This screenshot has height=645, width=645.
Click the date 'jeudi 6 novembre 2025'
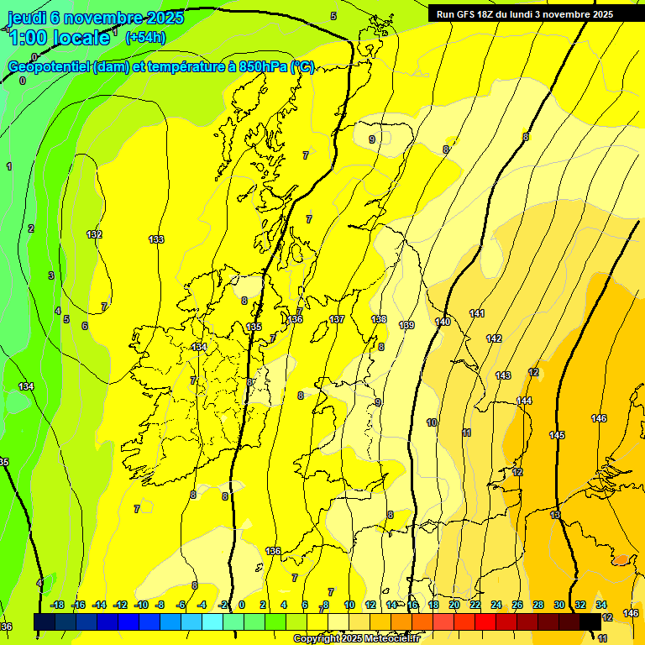tap(96, 18)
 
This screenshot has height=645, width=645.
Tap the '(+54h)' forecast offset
tap(145, 37)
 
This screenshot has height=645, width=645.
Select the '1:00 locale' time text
tap(59, 38)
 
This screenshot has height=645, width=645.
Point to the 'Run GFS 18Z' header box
tap(525, 14)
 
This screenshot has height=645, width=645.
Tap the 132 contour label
tap(94, 234)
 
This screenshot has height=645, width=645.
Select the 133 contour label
tap(156, 239)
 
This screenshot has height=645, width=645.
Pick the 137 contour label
tap(337, 319)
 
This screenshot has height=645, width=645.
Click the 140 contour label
tap(443, 322)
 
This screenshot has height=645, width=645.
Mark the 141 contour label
tap(477, 313)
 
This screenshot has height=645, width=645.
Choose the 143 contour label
tap(503, 375)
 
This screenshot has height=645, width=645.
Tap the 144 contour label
tap(524, 401)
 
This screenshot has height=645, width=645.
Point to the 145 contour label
tap(557, 435)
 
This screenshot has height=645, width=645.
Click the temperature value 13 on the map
tap(555, 515)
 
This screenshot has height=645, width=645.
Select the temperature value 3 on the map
tap(50, 275)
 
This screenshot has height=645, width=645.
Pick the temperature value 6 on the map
tap(84, 326)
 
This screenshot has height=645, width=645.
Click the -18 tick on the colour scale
tap(58, 605)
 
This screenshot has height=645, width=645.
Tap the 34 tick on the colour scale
tap(601, 605)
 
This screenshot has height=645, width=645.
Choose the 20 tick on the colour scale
tap(454, 605)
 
